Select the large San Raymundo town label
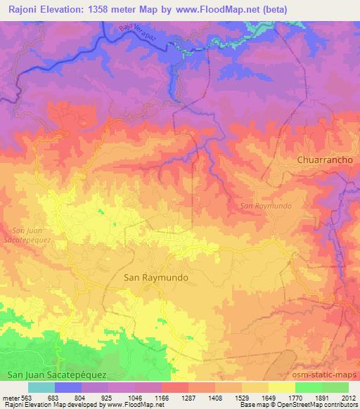tap(156, 277)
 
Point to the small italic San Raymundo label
tap(266, 206)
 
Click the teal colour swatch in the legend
tap(41, 387)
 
